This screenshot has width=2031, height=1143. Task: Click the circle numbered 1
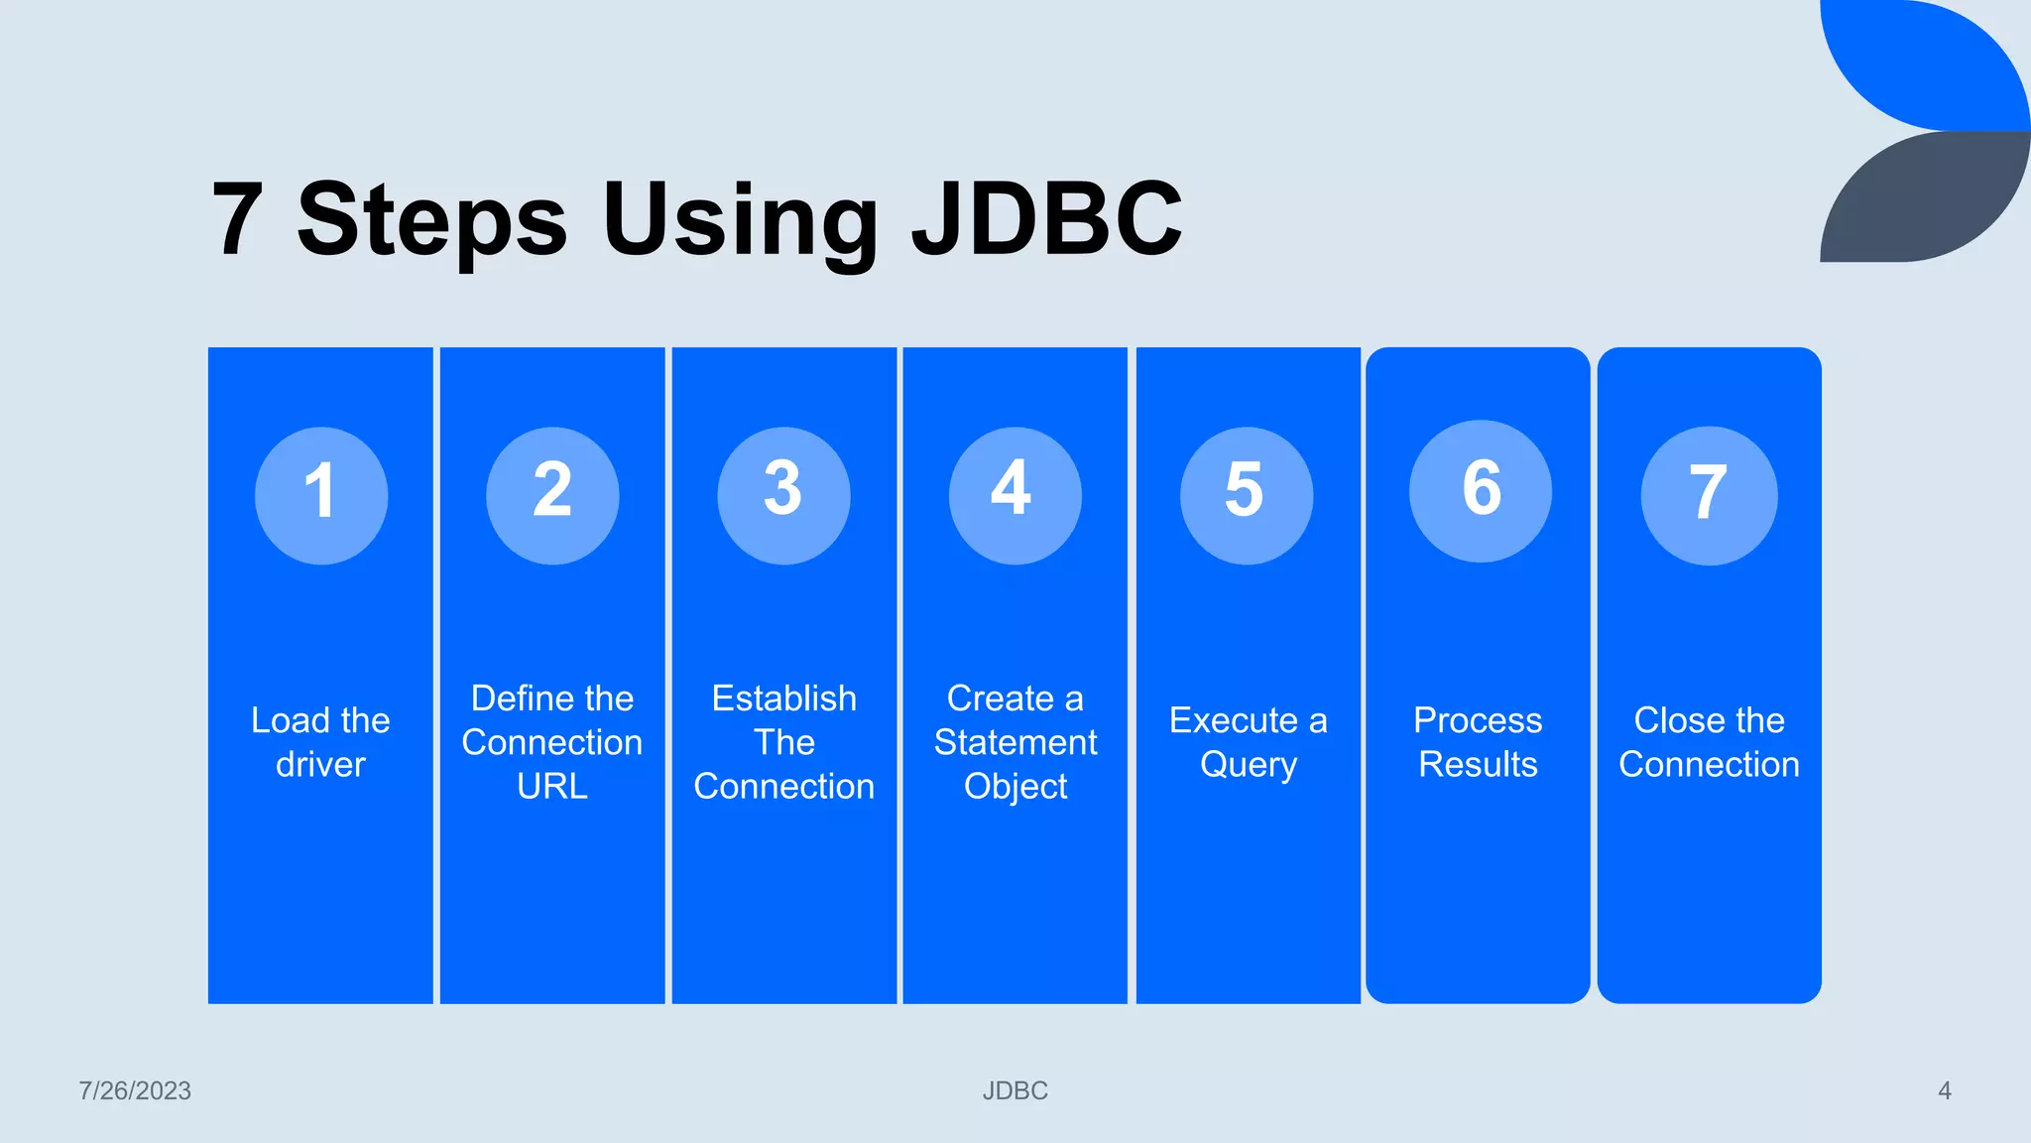coord(320,495)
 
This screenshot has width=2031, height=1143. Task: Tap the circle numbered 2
coord(552,495)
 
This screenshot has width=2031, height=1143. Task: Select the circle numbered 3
coord(783,495)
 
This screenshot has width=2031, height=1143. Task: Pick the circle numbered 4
coord(1015,495)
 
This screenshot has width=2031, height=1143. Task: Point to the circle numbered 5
coord(1247,495)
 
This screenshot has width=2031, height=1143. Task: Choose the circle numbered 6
coord(1480,491)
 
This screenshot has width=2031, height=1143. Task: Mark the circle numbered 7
coord(1709,495)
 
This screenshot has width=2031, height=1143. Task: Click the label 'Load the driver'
coord(320,742)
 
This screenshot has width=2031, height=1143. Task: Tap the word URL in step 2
coord(552,787)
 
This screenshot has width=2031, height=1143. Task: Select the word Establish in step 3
coord(783,698)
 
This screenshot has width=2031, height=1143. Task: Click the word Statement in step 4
coord(1015,742)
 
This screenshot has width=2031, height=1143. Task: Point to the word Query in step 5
coord(1248,765)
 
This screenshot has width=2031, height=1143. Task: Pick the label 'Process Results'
coord(1478,742)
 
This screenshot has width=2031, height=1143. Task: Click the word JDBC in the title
coord(1047,218)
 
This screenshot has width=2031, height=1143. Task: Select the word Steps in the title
coord(432,220)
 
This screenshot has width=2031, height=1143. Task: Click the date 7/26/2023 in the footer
coord(135,1090)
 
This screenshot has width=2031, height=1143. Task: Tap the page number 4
coord(1944,1090)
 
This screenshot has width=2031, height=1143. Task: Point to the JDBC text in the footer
coord(1015,1090)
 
